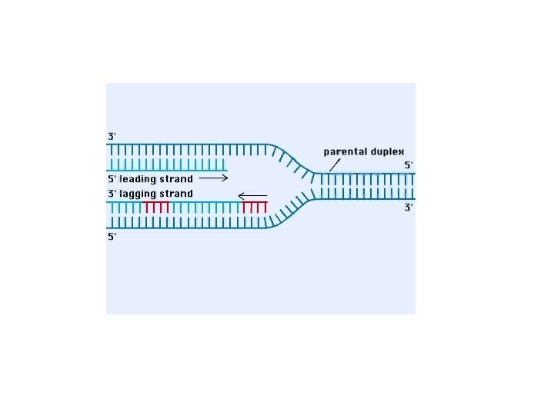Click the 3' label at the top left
112,136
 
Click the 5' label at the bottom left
112,237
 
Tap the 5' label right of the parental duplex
409,164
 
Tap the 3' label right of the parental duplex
409,207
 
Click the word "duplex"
388,151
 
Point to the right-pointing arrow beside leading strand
213,178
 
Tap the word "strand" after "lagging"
177,194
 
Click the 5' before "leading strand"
112,179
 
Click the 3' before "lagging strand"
112,194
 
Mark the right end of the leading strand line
226,170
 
